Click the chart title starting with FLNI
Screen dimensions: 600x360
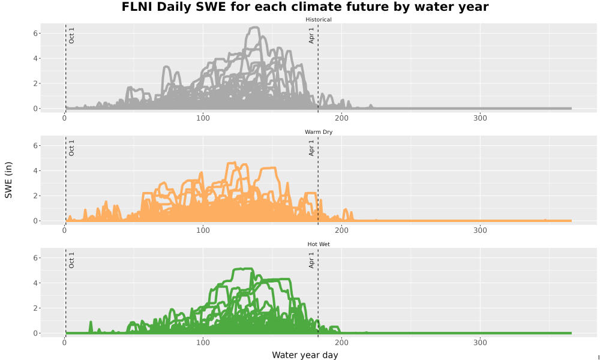pos(305,7)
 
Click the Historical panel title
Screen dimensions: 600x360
pos(319,20)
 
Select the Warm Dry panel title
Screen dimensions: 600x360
pos(319,132)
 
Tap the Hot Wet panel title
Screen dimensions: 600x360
pos(319,244)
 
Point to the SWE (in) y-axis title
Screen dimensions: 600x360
pos(8,180)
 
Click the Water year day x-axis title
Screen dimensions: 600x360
pos(305,355)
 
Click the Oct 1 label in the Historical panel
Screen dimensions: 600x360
pos(71,35)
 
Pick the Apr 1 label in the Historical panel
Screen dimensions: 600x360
pos(311,35)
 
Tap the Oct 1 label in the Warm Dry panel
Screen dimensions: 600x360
pos(71,148)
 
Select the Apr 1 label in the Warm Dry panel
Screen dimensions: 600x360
pos(311,148)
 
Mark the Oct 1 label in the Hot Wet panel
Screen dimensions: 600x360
pos(71,260)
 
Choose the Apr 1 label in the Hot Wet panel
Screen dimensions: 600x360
pos(311,260)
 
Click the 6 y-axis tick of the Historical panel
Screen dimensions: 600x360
pos(35,33)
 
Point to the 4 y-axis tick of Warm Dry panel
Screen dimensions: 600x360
pos(35,170)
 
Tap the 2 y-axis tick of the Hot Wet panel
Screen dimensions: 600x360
pos(35,308)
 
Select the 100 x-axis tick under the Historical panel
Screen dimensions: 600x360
pos(203,118)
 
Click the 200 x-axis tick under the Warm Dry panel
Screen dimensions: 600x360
pos(341,230)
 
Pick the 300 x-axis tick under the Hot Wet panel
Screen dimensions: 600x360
pos(480,343)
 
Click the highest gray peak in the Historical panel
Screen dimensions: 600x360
pos(254,28)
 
